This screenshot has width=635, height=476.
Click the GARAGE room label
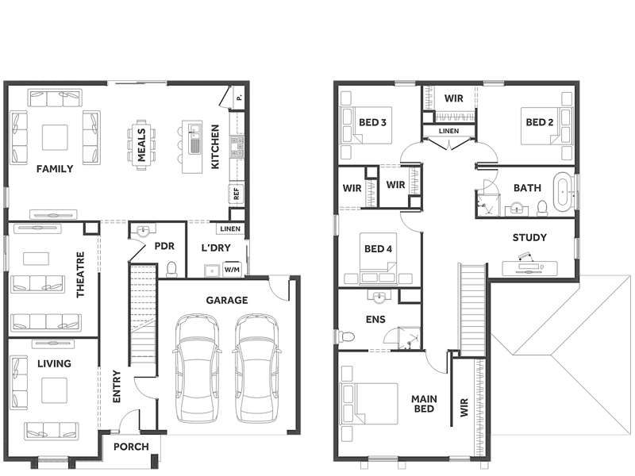[227, 301]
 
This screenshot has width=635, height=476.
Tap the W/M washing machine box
[232, 269]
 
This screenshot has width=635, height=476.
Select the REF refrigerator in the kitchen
[237, 194]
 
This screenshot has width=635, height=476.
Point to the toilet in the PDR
[172, 270]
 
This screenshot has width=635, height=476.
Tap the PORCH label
[131, 447]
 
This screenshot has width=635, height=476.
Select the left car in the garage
[198, 368]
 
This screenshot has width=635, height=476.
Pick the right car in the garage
[256, 368]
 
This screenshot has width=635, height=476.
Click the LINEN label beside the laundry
[230, 229]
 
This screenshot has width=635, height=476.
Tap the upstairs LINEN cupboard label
[448, 131]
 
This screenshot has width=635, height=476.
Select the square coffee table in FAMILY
[55, 137]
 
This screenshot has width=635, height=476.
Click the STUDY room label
[529, 237]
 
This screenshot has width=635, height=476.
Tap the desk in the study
[529, 268]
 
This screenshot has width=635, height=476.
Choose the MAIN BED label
[424, 404]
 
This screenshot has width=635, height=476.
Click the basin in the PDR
[144, 231]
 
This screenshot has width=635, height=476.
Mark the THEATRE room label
[81, 274]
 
